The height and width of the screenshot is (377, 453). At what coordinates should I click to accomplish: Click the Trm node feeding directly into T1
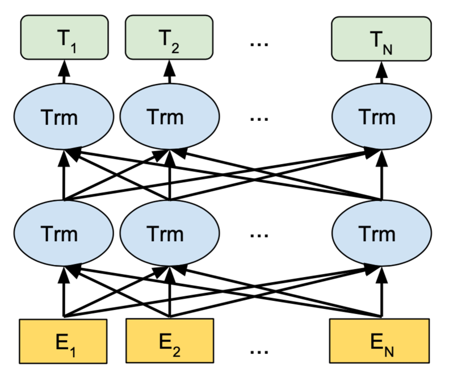64,118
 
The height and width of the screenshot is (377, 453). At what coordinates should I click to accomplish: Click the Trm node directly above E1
64,233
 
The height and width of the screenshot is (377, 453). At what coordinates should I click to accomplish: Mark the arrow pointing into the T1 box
64,71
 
